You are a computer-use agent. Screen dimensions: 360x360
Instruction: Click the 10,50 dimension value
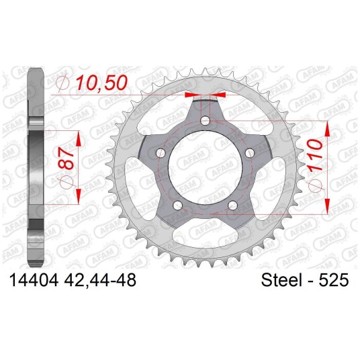click(101, 83)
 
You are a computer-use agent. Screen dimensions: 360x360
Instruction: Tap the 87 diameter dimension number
click(66, 159)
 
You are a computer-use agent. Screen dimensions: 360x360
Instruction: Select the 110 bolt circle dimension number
click(314, 156)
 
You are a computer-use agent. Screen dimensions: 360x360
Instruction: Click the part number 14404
click(34, 280)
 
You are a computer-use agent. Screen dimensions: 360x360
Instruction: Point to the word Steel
click(281, 280)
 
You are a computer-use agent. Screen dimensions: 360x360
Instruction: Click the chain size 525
click(334, 280)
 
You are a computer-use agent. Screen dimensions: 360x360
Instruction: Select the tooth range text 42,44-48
click(100, 280)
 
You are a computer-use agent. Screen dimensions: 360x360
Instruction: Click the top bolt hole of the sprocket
click(206, 120)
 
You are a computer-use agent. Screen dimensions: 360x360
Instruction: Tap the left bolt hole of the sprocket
click(161, 153)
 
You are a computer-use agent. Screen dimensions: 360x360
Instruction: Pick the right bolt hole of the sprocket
click(250, 153)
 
